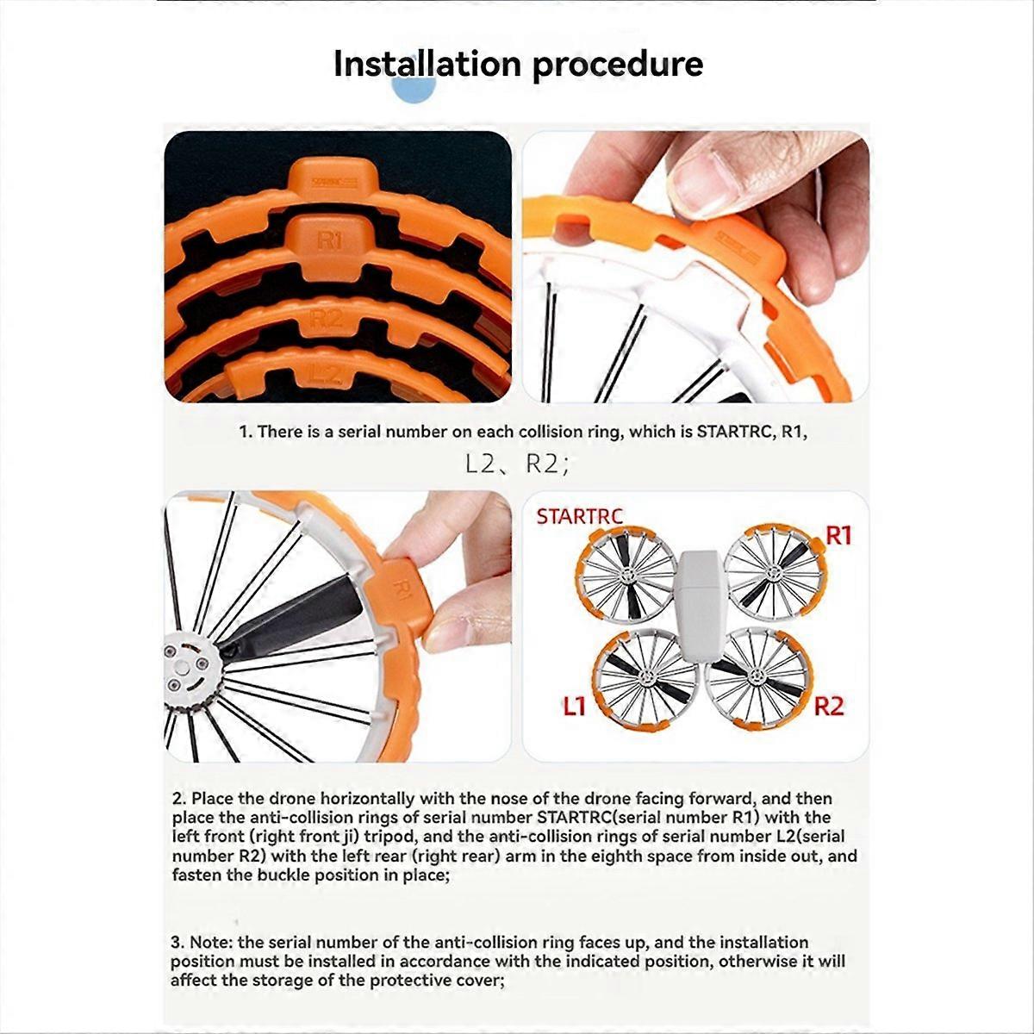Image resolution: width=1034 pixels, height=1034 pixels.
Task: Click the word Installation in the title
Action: click(x=427, y=65)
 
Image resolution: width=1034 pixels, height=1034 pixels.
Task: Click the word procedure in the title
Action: click(x=617, y=65)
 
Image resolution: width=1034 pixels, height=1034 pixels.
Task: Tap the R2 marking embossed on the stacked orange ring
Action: click(x=327, y=318)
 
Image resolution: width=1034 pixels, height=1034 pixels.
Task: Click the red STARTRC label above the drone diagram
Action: click(x=579, y=517)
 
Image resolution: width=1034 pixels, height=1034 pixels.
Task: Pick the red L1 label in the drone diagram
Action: click(x=575, y=707)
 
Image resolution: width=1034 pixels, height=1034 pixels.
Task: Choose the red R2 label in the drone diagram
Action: click(x=828, y=707)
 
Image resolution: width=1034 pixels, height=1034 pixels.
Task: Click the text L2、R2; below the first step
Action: click(x=517, y=465)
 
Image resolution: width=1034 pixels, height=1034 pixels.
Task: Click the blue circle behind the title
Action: click(x=414, y=86)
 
